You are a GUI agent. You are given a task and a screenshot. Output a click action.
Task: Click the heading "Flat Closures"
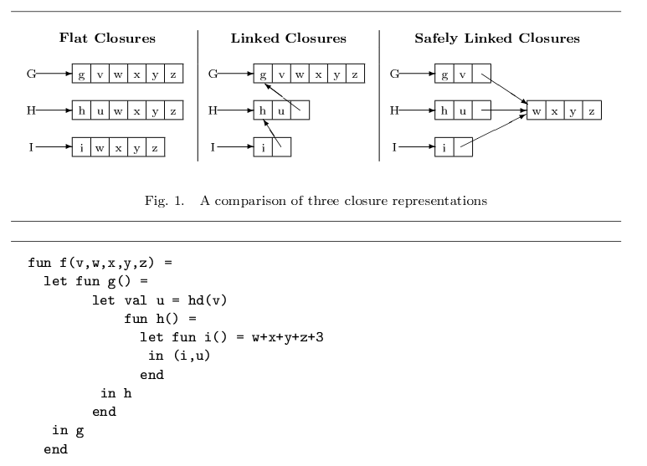[x=107, y=38]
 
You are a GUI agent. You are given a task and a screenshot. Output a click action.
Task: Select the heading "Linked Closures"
[x=288, y=38]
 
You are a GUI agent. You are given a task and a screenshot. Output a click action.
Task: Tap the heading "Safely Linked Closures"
[x=496, y=38]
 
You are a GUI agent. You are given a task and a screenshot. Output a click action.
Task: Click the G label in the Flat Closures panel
[x=31, y=74]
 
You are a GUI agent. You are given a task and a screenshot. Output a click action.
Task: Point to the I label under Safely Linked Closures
[x=394, y=148]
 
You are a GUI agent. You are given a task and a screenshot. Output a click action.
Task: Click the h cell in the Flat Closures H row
[x=81, y=110]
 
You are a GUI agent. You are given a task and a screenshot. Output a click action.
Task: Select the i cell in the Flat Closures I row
[x=81, y=148]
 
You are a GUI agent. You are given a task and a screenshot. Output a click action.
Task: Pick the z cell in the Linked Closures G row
[x=354, y=74]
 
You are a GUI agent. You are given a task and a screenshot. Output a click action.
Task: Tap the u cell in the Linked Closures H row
[x=281, y=110]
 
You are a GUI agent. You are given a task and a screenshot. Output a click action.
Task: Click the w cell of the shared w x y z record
[x=536, y=110]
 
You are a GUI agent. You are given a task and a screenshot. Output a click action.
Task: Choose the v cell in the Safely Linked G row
[x=463, y=74]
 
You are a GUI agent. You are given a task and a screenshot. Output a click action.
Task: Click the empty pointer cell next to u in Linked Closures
[x=300, y=110]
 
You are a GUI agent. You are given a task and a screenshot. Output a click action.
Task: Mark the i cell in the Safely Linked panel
[x=444, y=148]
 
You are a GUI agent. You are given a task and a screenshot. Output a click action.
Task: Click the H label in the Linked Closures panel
[x=213, y=110]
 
